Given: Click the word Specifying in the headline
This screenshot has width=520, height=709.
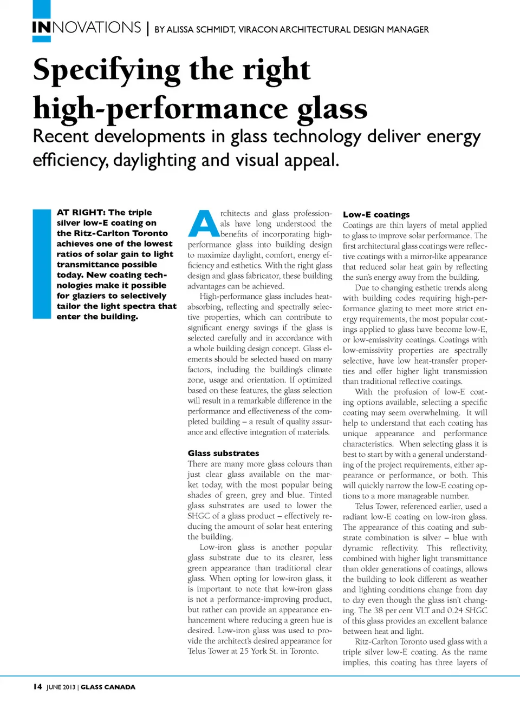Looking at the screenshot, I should pyautogui.click(x=107, y=70).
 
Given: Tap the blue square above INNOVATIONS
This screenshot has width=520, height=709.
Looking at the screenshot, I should pyautogui.click(x=41, y=9).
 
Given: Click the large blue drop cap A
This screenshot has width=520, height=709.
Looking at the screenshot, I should pyautogui.click(x=203, y=224).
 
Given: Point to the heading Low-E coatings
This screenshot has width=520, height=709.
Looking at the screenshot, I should pyautogui.click(x=376, y=215).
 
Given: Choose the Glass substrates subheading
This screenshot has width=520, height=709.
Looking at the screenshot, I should pyautogui.click(x=223, y=453).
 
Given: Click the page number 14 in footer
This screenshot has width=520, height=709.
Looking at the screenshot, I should pyautogui.click(x=37, y=687).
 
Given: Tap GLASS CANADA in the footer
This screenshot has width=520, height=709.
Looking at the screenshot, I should pyautogui.click(x=108, y=687).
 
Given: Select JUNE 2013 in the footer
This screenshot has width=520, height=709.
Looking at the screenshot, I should pyautogui.click(x=61, y=687).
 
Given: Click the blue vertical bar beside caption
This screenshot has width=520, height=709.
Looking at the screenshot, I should pyautogui.click(x=42, y=264).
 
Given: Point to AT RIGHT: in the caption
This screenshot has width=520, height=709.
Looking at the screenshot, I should pyautogui.click(x=81, y=213).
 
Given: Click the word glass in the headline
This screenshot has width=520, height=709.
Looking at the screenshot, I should pyautogui.click(x=332, y=109).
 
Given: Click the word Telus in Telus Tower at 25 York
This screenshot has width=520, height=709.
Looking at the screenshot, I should pyautogui.click(x=197, y=651).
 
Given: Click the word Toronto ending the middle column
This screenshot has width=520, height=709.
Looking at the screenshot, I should pyautogui.click(x=304, y=651).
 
